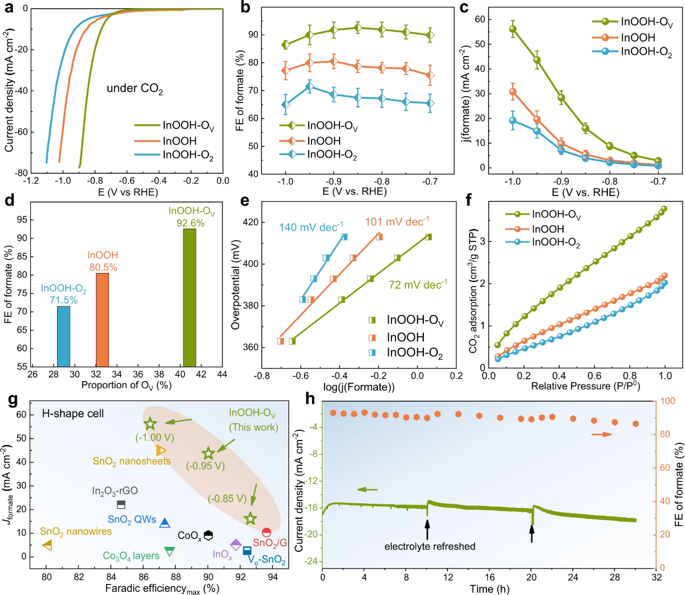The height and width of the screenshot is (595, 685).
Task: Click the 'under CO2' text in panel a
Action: coord(134,89)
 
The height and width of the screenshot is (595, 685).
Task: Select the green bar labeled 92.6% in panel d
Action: coord(189,297)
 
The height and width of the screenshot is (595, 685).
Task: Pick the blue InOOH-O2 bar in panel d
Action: coord(64,336)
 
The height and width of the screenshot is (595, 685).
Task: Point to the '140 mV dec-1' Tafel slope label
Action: coord(311,227)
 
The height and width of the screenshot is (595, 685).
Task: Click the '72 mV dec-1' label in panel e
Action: coord(418,285)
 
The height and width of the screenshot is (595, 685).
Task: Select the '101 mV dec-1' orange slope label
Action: coord(397,222)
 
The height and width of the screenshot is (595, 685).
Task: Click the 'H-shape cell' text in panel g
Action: coord(73,414)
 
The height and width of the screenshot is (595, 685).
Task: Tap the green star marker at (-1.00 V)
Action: coord(151,424)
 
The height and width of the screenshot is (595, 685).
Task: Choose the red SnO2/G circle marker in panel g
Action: coord(267,532)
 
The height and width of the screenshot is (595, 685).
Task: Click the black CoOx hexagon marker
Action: coord(208,535)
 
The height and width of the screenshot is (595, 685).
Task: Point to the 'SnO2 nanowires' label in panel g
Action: coord(76,532)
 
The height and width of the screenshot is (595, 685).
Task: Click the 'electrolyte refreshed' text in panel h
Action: coord(430,546)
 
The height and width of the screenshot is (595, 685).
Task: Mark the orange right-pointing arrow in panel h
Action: coord(601,434)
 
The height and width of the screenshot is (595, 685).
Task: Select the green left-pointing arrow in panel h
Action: coord(368,490)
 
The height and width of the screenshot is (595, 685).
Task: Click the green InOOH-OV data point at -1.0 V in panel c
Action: coord(513,29)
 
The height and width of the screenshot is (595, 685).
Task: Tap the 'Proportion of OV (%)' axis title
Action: coord(126,385)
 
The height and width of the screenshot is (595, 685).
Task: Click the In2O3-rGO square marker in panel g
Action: coord(121,505)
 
